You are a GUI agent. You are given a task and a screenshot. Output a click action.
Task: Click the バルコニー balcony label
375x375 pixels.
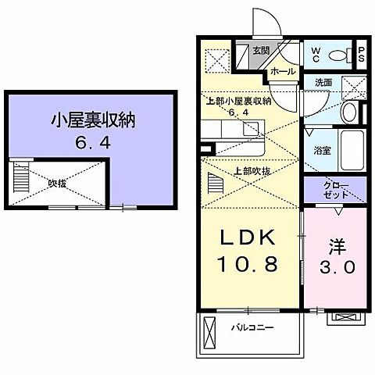pos(252,327)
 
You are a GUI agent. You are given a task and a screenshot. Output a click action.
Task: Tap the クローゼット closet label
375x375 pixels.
pos(338,188)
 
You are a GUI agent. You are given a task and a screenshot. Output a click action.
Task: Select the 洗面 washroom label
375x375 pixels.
pos(324,82)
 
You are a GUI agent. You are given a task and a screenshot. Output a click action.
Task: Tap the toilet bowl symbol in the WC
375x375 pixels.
pos(339,55)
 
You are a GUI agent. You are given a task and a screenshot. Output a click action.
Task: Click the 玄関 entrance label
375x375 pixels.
pos(260,51)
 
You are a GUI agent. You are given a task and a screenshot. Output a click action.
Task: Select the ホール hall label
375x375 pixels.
pos(283,71)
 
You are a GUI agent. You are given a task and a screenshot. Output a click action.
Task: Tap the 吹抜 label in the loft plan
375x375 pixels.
pos(56,183)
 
